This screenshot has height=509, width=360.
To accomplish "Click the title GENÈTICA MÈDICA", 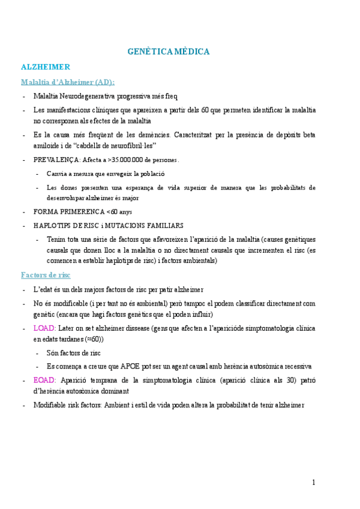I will [168, 52].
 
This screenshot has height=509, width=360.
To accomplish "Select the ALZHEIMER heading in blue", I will [46, 67].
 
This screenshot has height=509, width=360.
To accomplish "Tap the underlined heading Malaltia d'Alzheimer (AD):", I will [68, 82].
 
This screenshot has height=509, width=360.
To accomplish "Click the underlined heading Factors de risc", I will [46, 275].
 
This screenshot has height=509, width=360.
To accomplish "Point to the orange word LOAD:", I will [44, 328].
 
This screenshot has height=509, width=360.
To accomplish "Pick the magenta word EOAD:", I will [44, 380].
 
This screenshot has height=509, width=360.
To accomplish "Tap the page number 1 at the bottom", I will [313, 482].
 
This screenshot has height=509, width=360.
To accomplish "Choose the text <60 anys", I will [119, 212].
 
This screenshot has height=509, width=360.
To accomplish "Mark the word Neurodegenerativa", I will [90, 96].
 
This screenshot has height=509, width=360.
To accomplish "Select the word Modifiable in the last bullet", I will [50, 405].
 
